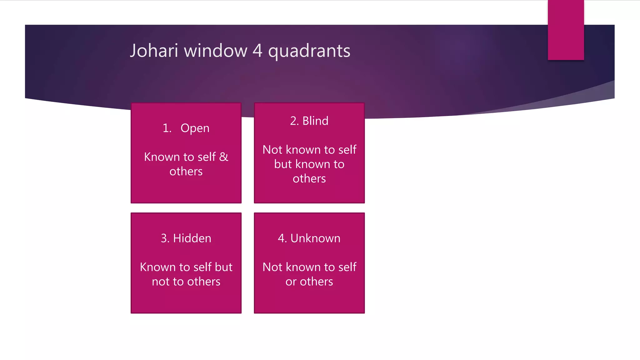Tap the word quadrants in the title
click(x=309, y=51)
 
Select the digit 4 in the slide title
click(x=257, y=51)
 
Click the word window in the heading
click(x=216, y=51)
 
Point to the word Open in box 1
click(x=195, y=128)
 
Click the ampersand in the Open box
click(x=223, y=157)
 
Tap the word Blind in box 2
click(x=315, y=121)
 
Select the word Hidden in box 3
click(x=192, y=238)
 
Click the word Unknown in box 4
click(x=315, y=238)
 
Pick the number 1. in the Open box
click(x=167, y=128)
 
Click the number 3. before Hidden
click(x=165, y=238)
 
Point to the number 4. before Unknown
click(x=282, y=238)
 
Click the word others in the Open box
click(x=186, y=172)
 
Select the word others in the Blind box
click(x=309, y=179)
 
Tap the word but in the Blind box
click(x=283, y=164)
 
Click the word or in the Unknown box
click(x=291, y=282)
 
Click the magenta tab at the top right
click(x=566, y=30)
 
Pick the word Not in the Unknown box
click(x=272, y=267)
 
